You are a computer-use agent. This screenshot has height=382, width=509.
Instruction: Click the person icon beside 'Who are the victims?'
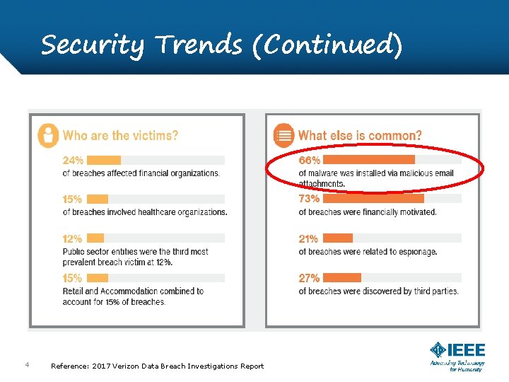[x=48, y=134]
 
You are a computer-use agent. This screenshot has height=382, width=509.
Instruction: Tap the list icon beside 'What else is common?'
[x=283, y=134]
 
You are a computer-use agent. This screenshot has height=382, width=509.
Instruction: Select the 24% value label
[x=73, y=160]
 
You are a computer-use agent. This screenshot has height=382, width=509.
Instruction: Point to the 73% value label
[x=309, y=199]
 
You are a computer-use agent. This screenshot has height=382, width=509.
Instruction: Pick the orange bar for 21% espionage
[x=339, y=238]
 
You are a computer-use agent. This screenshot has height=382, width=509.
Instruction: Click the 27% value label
[x=309, y=278]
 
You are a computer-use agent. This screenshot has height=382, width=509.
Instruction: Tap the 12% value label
[x=72, y=238]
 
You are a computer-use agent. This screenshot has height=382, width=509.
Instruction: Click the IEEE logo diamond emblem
[x=438, y=350]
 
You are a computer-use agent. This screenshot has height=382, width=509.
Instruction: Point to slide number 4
[x=26, y=365]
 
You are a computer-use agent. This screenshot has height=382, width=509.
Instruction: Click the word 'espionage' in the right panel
[x=416, y=252]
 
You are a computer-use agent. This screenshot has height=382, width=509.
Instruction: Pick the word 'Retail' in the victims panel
[x=74, y=291]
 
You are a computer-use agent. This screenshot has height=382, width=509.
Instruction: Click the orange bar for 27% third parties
[x=343, y=278]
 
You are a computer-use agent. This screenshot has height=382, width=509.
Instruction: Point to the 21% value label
[x=308, y=238]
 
